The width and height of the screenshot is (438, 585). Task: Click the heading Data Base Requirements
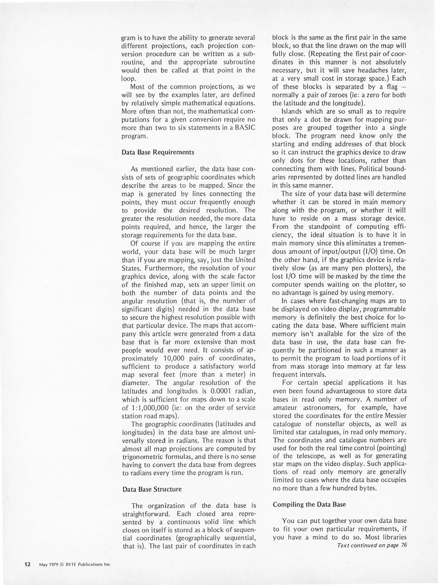(x=158, y=152)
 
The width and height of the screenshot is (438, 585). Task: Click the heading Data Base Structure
(x=152, y=489)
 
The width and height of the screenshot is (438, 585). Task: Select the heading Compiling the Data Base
(x=309, y=505)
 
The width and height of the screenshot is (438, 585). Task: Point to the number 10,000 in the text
(x=174, y=359)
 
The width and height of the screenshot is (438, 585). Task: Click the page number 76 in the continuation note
(x=404, y=545)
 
